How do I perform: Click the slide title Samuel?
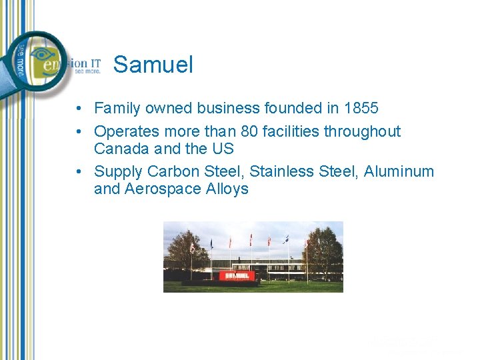153,65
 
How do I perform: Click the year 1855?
361,108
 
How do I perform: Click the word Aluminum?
399,172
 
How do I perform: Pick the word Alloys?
227,189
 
